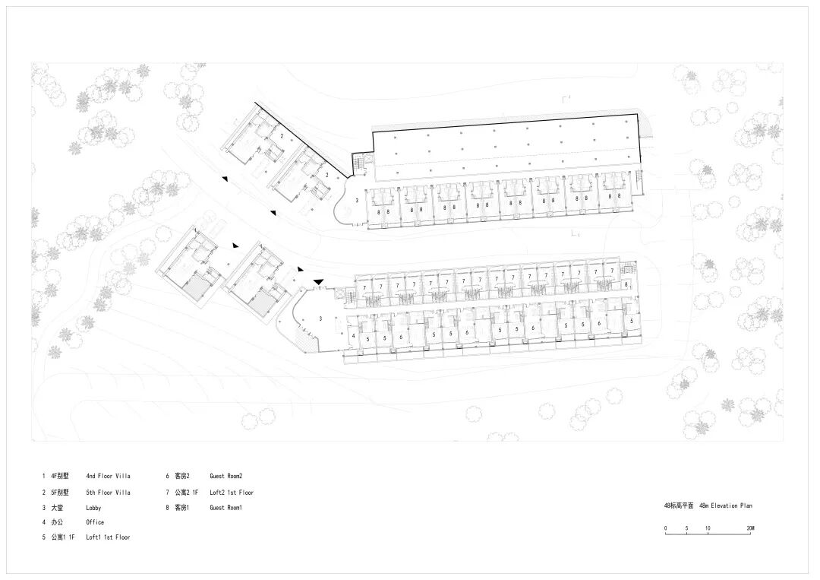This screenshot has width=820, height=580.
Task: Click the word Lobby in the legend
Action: click(93, 507)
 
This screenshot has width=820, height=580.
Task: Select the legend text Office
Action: click(95, 522)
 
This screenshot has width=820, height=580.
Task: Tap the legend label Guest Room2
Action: click(225, 477)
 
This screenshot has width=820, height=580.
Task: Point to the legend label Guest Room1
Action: click(225, 507)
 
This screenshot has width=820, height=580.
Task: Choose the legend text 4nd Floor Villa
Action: click(108, 477)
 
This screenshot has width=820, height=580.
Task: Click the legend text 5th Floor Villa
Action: click(108, 492)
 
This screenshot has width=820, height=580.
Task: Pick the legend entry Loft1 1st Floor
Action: click(108, 537)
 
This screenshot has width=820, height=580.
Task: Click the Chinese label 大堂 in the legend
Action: click(58, 507)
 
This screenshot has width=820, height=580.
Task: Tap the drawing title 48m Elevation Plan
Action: click(726, 506)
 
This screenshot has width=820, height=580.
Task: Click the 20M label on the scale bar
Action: click(749, 528)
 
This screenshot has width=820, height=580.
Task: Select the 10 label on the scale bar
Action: click(708, 528)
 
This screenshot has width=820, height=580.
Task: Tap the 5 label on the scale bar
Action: click(686, 528)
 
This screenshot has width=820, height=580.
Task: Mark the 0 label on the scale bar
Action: click(665, 528)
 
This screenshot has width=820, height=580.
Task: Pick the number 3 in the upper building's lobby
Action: click(356, 200)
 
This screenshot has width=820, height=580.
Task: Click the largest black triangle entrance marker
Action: click(318, 282)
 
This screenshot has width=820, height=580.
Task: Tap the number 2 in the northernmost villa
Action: click(282, 136)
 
